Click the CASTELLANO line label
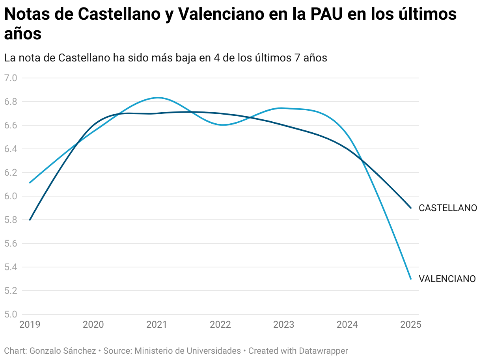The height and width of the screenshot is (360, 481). (x=447, y=208)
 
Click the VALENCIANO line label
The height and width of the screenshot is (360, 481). (x=447, y=279)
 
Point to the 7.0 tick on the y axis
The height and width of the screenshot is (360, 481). (x=11, y=78)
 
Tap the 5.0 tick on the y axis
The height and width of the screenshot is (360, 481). (x=11, y=314)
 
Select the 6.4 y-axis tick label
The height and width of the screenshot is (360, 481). (x=11, y=149)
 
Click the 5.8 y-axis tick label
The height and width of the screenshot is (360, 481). (x=11, y=220)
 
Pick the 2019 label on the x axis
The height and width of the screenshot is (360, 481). (x=30, y=325)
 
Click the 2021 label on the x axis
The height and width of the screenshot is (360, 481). (x=157, y=325)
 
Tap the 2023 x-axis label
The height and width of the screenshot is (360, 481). (x=283, y=325)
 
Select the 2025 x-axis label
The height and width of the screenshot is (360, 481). (x=410, y=325)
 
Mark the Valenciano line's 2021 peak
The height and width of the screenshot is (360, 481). (x=158, y=97)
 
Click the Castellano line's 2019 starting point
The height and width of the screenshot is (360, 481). (x=30, y=220)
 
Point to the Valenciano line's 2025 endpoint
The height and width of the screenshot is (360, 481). (x=411, y=279)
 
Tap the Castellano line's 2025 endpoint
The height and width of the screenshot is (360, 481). (x=411, y=208)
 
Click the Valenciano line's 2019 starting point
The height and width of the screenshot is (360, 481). (x=30, y=183)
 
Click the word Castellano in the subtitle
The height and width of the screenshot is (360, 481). (x=84, y=58)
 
